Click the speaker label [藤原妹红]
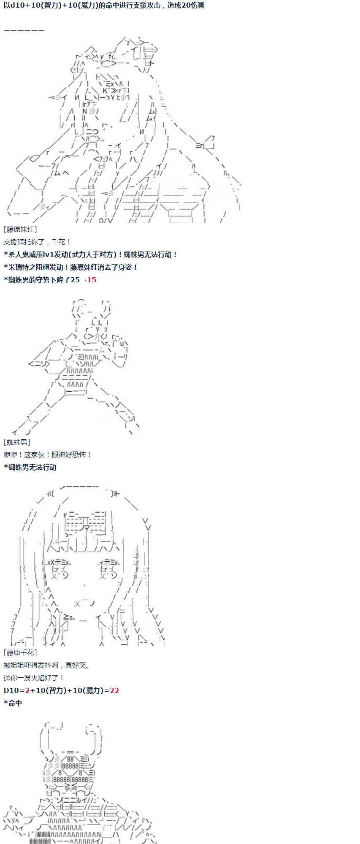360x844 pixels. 20,229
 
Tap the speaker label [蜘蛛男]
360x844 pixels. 17,442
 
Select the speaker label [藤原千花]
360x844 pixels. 20,652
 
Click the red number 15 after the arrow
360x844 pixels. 91,280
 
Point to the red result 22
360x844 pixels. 114,690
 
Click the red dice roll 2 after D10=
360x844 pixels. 27,690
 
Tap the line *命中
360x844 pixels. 13,703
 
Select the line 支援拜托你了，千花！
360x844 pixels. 38,242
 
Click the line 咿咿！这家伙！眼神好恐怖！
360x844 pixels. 48,454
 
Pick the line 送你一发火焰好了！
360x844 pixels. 34,678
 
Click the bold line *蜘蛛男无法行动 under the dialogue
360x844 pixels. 30,467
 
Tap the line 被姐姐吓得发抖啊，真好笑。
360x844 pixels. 47,665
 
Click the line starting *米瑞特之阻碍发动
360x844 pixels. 71,267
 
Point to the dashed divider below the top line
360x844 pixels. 24,30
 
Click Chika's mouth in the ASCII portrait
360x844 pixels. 84,602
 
